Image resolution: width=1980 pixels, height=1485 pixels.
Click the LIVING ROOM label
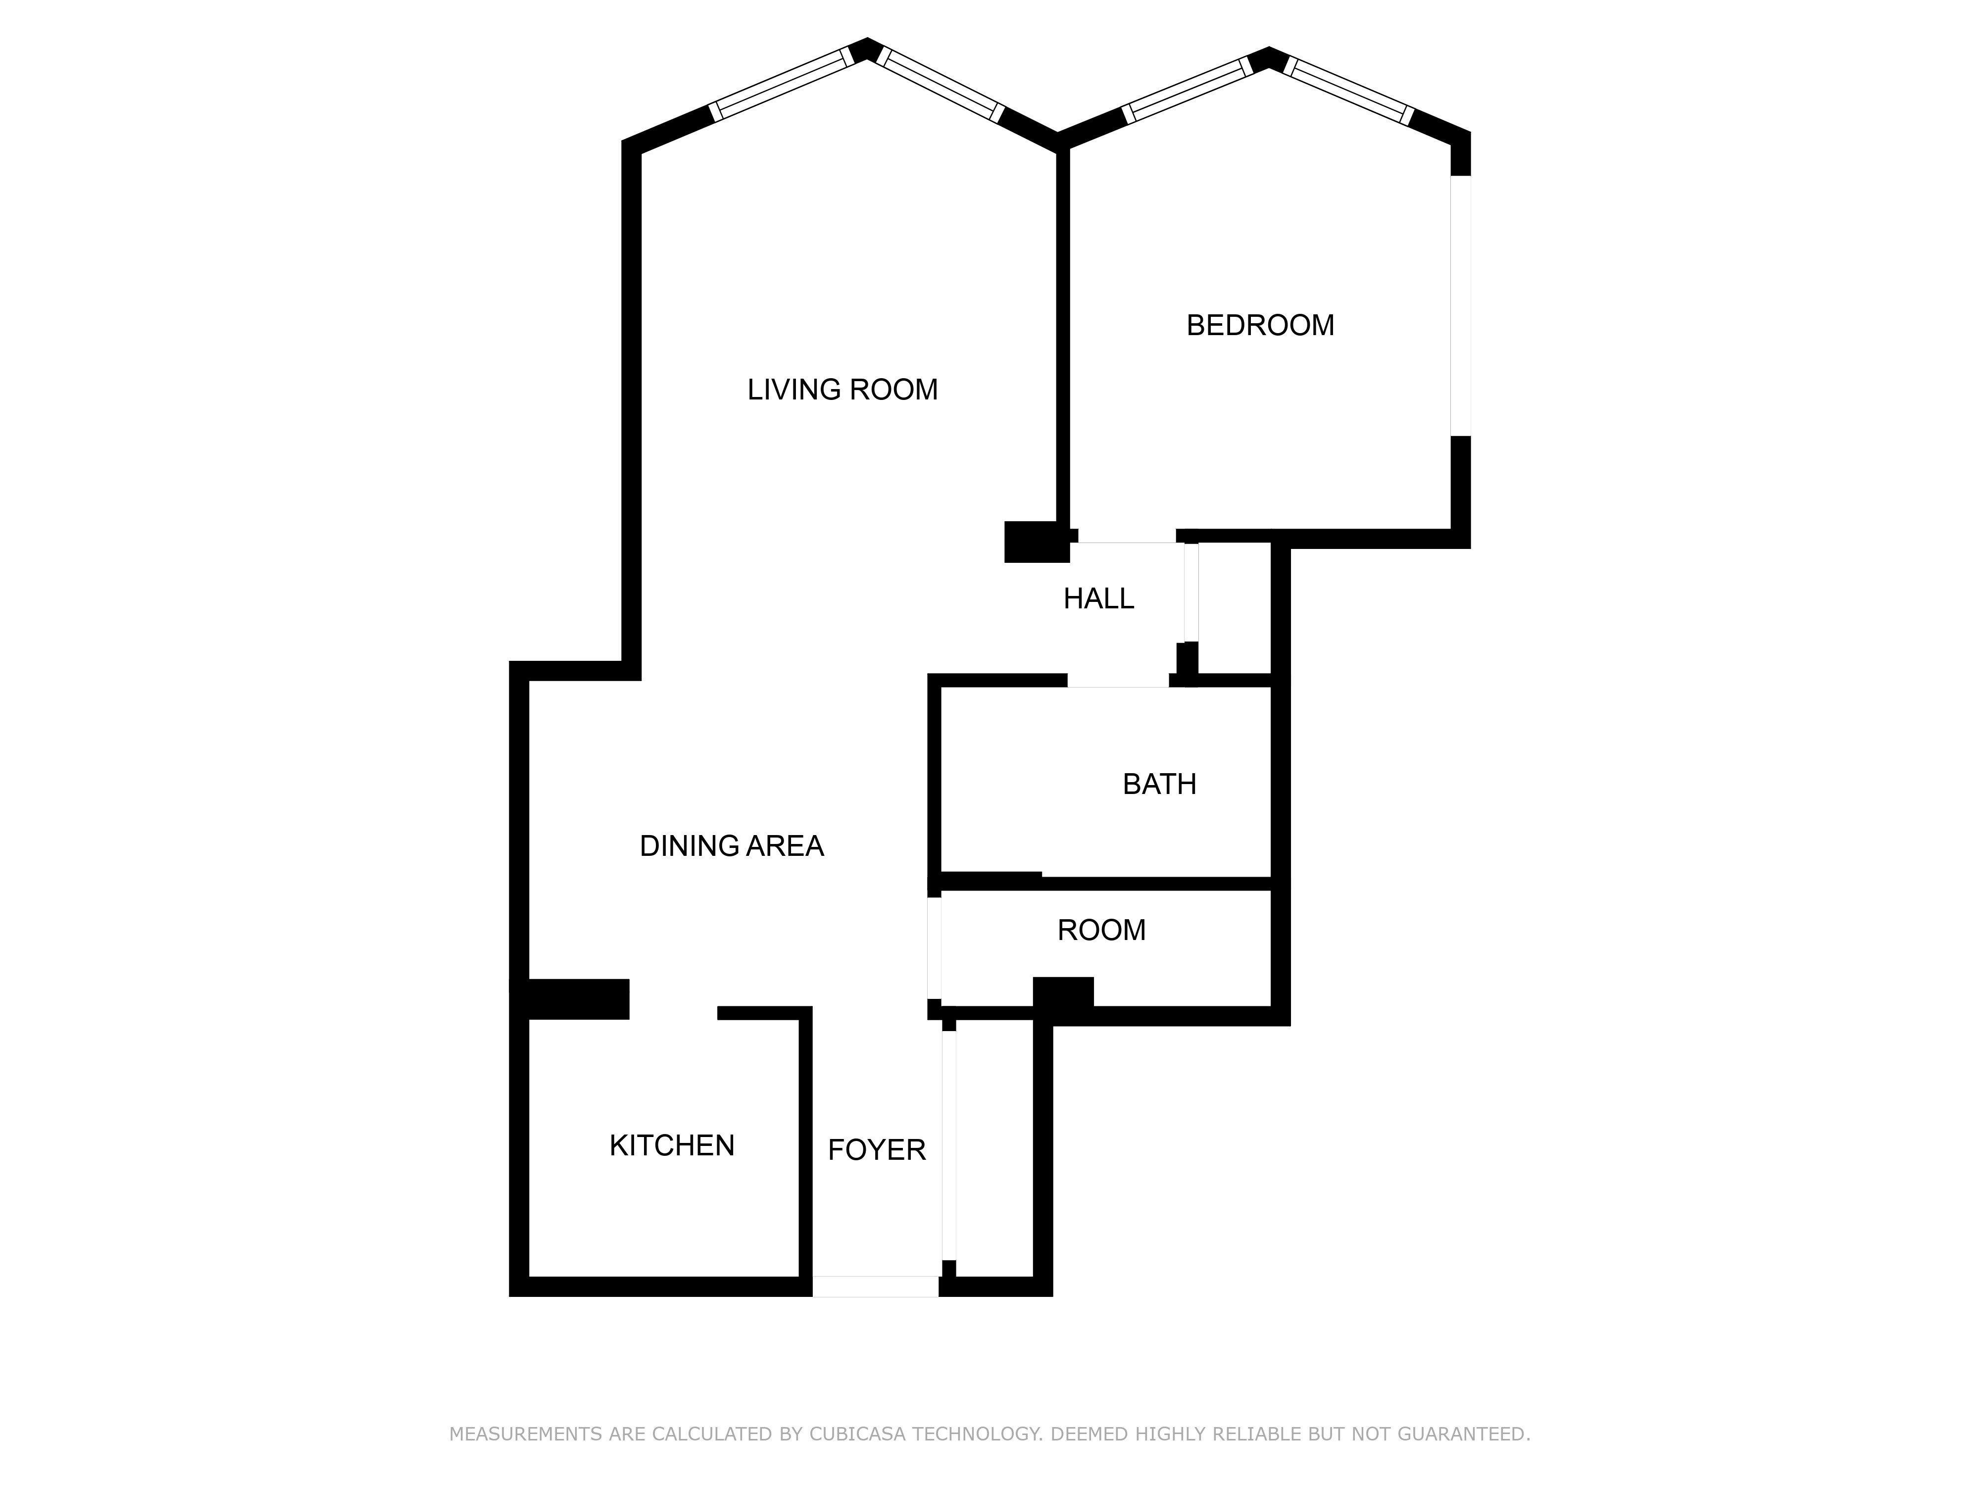(842, 390)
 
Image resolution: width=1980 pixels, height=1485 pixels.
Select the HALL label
(1098, 598)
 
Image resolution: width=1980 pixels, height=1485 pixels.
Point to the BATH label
(1159, 784)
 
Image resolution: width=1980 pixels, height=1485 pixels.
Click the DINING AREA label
(731, 846)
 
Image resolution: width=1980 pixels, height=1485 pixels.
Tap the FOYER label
(876, 1149)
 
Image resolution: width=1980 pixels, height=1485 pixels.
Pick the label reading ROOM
(1101, 930)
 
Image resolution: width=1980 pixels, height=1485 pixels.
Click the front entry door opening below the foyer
(875, 1287)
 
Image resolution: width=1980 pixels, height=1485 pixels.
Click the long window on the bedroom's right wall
(1460, 305)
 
